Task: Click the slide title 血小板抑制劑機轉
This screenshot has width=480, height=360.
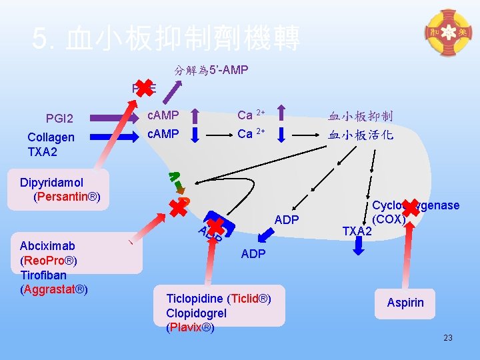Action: pos(167,38)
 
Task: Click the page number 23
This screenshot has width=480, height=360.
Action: pos(448,338)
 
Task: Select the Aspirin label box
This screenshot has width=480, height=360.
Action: pos(405,303)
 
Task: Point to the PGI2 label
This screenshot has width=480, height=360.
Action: pos(59,119)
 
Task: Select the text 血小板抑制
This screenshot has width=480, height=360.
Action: pos(361,116)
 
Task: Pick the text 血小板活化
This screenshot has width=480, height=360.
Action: pos(361,134)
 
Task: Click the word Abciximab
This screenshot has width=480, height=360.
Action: pos(47,245)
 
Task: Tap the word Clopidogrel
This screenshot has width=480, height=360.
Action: pos(197,313)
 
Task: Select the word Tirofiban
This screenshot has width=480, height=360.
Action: pos(43,275)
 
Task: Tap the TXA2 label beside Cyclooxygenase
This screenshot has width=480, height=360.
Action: pos(357,231)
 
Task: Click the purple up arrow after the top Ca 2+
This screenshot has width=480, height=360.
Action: pos(281,115)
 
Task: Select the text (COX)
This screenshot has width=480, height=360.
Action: pos(389,219)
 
